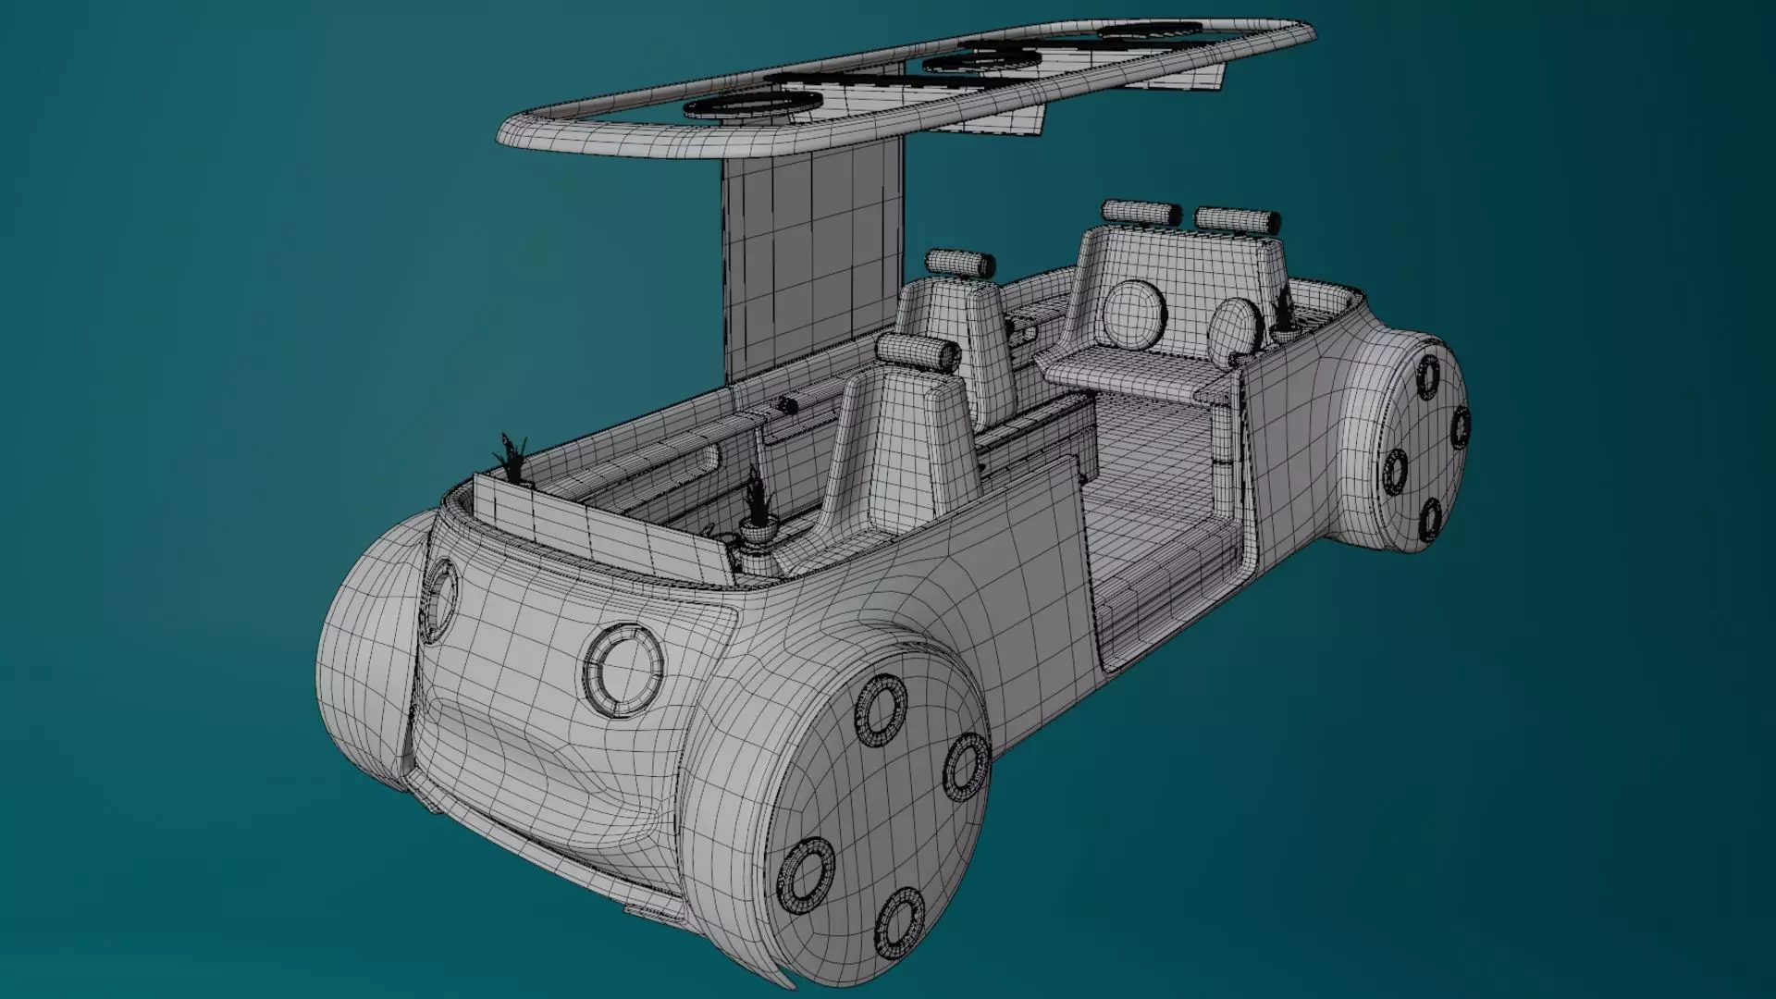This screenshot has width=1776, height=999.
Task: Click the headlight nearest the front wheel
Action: pyautogui.click(x=623, y=670)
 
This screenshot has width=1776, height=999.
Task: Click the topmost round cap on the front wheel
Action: pyautogui.click(x=880, y=709)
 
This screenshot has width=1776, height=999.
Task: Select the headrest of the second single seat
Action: pyautogui.click(x=957, y=263)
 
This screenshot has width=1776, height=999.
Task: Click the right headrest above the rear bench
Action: pyautogui.click(x=1238, y=220)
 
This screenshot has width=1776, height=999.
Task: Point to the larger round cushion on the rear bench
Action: pyautogui.click(x=1136, y=314)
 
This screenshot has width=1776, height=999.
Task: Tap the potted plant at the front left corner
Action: pyautogui.click(x=512, y=460)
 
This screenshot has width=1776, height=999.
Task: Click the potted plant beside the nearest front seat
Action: pyautogui.click(x=757, y=510)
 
